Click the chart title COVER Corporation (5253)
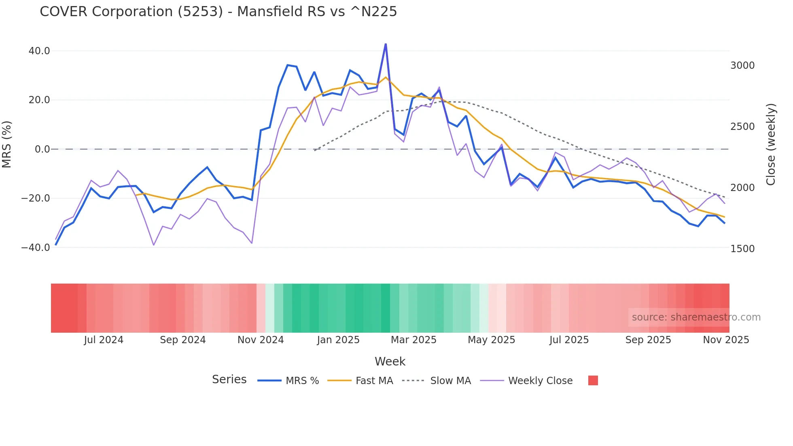click(218, 12)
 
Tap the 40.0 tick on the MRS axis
click(39, 51)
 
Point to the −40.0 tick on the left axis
click(36, 247)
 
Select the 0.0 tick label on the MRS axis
click(42, 149)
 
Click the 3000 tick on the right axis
click(742, 66)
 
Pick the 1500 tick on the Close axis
click(742, 248)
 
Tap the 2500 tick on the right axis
click(742, 127)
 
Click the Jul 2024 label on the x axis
click(104, 340)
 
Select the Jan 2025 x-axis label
click(338, 340)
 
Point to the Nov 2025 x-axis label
click(726, 340)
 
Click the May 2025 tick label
click(491, 340)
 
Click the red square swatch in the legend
click(593, 380)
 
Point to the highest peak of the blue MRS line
click(386, 44)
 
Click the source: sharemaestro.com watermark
click(696, 317)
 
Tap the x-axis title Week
click(390, 361)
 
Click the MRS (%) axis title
click(7, 144)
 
